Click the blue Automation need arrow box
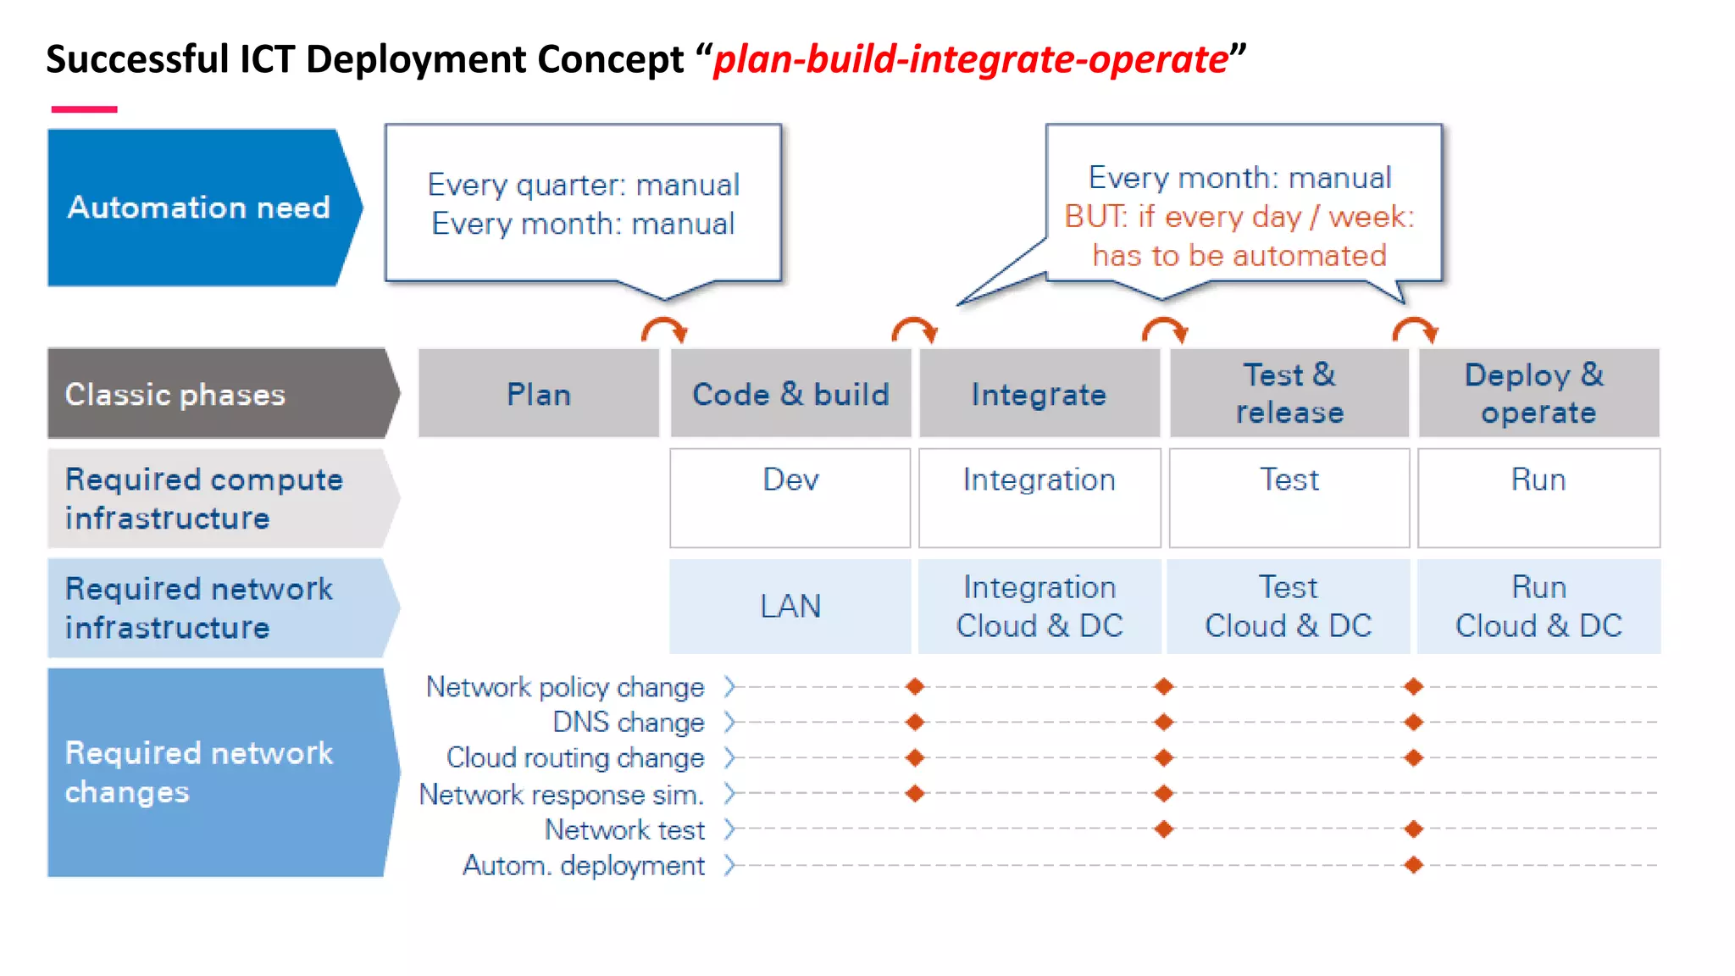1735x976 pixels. coord(200,208)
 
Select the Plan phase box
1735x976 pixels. coord(539,394)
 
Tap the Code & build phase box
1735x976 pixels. coord(790,394)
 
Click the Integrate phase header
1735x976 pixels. coord(1039,394)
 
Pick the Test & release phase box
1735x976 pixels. coord(1289,394)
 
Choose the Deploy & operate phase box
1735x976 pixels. coord(1538,394)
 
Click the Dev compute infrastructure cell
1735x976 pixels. coord(790,497)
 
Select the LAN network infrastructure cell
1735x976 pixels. coord(790,606)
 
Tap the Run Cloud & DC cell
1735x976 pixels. coord(1538,606)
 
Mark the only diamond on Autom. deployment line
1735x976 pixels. coord(1413,865)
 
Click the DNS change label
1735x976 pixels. coord(628,722)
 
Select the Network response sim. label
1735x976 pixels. coord(562,795)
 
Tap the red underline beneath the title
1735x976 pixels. coord(84,109)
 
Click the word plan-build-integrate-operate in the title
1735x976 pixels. coord(971,59)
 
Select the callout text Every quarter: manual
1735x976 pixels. coord(583,185)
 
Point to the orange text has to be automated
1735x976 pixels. coord(1239,255)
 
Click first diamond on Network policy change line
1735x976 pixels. coord(915,686)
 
